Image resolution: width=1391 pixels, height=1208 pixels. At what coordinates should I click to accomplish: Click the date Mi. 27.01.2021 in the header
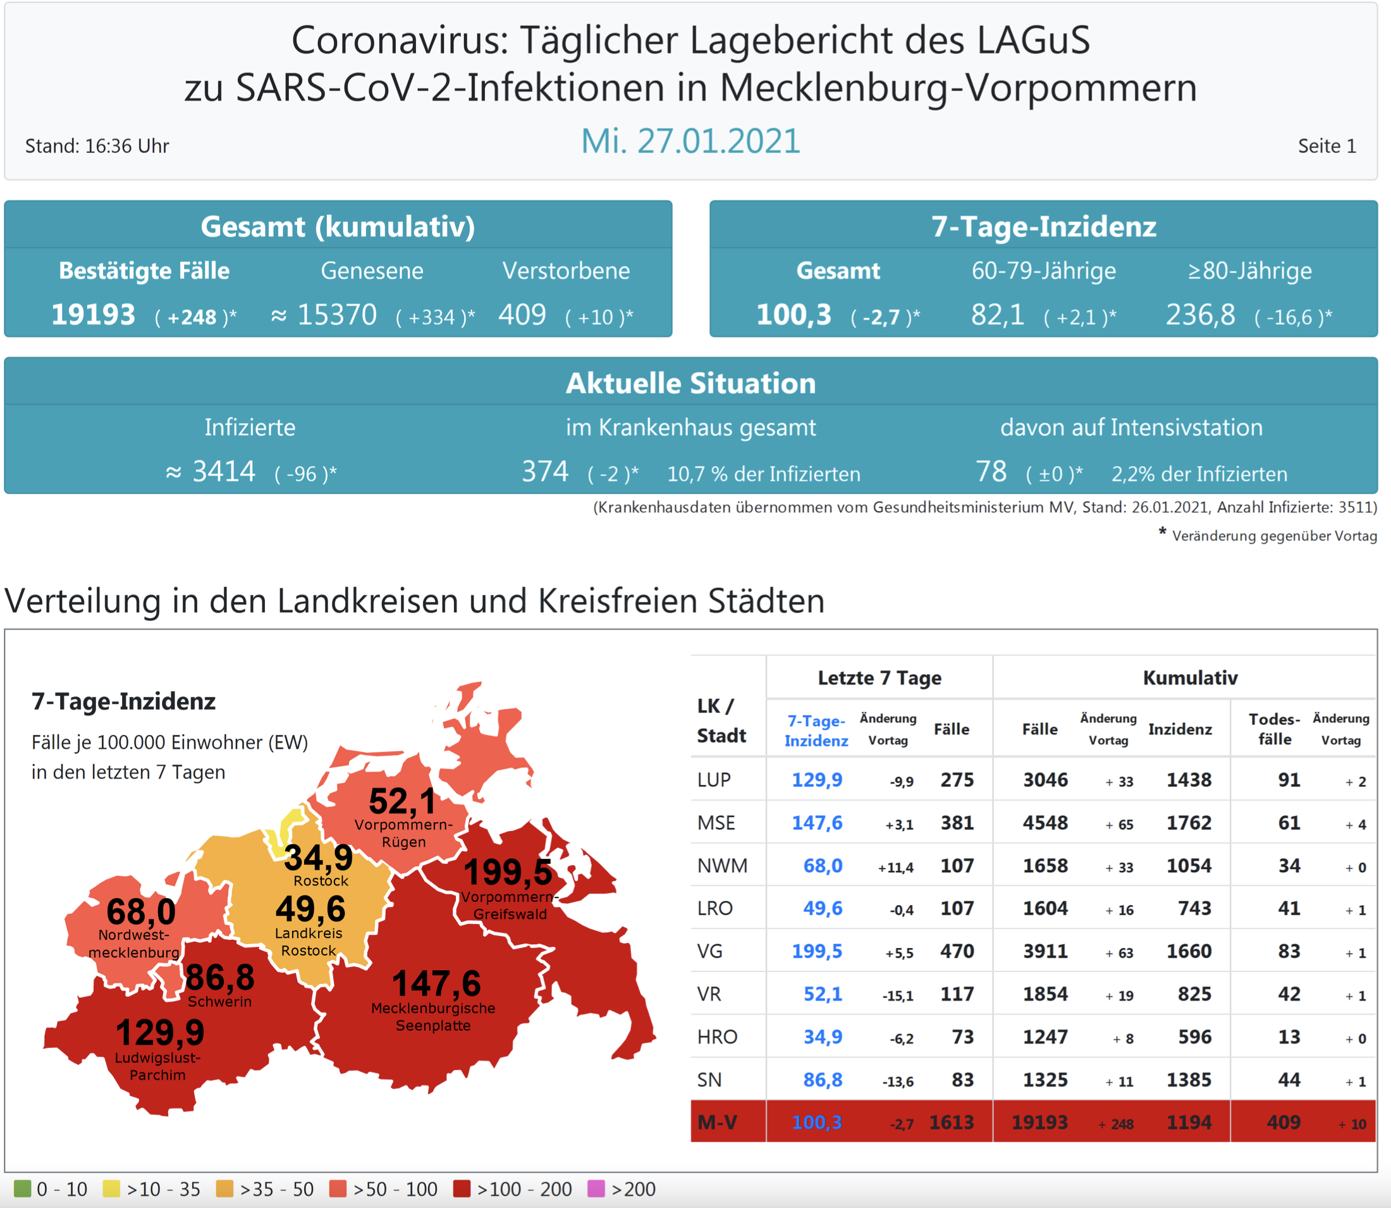691,142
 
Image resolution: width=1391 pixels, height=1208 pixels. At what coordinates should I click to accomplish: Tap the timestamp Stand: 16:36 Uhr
97,146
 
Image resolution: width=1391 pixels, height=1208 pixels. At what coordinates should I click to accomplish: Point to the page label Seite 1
1327,146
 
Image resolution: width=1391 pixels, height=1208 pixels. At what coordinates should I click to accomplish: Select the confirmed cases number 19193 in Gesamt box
94,315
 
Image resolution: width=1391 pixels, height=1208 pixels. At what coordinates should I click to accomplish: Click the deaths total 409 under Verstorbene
522,315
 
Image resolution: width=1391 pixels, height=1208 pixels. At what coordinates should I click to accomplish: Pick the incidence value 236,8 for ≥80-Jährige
1200,315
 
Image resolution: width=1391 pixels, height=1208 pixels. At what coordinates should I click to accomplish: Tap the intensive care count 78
991,472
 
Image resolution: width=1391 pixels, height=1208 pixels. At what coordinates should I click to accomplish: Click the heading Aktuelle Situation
691,383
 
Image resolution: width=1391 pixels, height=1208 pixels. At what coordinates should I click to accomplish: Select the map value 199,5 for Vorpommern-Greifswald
508,872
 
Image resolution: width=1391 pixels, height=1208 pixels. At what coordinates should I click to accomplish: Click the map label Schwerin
219,1002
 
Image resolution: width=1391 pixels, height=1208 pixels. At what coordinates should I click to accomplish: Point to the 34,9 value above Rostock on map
318,858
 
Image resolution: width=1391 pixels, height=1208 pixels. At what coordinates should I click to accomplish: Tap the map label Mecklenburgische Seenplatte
433,1016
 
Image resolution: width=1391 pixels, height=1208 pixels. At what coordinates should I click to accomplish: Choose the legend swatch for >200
596,1188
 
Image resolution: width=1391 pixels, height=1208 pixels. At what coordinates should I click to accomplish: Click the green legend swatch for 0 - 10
22,1188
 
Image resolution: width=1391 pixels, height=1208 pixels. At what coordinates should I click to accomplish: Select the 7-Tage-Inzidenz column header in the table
816,730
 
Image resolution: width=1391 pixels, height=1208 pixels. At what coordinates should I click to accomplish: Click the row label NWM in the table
723,866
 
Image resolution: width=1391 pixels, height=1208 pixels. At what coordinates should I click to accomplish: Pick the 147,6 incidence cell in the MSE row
817,823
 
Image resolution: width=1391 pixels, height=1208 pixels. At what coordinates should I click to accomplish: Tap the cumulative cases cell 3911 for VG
1045,951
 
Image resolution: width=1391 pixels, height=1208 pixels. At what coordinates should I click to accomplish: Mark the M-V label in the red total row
717,1123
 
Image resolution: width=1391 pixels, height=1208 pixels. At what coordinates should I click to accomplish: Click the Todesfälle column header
1275,729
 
